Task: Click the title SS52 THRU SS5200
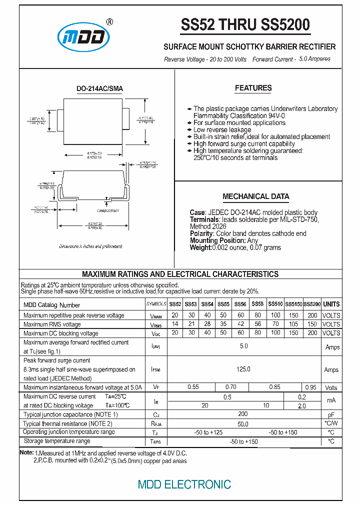[x=245, y=25]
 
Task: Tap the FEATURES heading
[x=253, y=88]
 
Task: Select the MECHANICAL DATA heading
[x=255, y=196]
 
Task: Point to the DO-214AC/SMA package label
[x=99, y=88]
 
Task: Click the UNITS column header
[x=331, y=304]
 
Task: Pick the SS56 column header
[x=240, y=304]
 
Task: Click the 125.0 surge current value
[x=243, y=369]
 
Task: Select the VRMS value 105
[x=293, y=324]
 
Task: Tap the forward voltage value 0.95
[x=310, y=387]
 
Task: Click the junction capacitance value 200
[x=243, y=414]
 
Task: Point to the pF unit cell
[x=331, y=415]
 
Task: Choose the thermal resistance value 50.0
[x=243, y=424]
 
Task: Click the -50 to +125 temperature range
[x=209, y=432]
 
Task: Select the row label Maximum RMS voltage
[x=52, y=324]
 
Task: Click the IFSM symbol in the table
[x=156, y=369]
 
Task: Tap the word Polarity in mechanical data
[x=202, y=233]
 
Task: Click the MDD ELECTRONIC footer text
[x=184, y=484]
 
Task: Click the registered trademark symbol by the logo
[x=109, y=22]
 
